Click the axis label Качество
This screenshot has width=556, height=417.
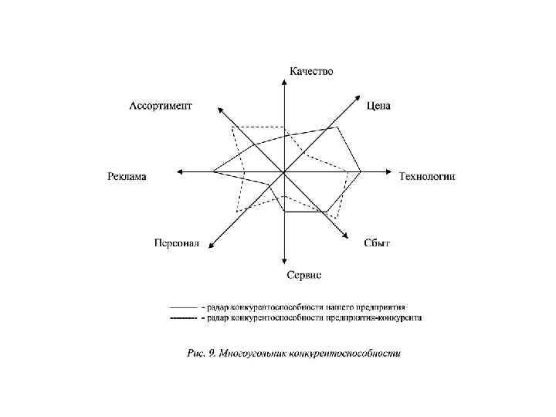pyautogui.click(x=311, y=72)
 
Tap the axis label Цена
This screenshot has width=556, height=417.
pyautogui.click(x=378, y=106)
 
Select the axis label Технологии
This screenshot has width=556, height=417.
pyautogui.click(x=427, y=176)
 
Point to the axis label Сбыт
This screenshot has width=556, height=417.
pyautogui.click(x=377, y=243)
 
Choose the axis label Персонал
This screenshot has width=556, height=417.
pyautogui.click(x=176, y=243)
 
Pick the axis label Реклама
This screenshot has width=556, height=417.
pyautogui.click(x=126, y=176)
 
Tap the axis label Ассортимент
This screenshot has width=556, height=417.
pyautogui.click(x=160, y=106)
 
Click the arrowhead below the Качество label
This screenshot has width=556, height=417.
pyautogui.click(x=285, y=83)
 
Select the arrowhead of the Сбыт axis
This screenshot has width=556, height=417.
pyautogui.click(x=343, y=236)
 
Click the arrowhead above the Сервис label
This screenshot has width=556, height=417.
pyautogui.click(x=285, y=262)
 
